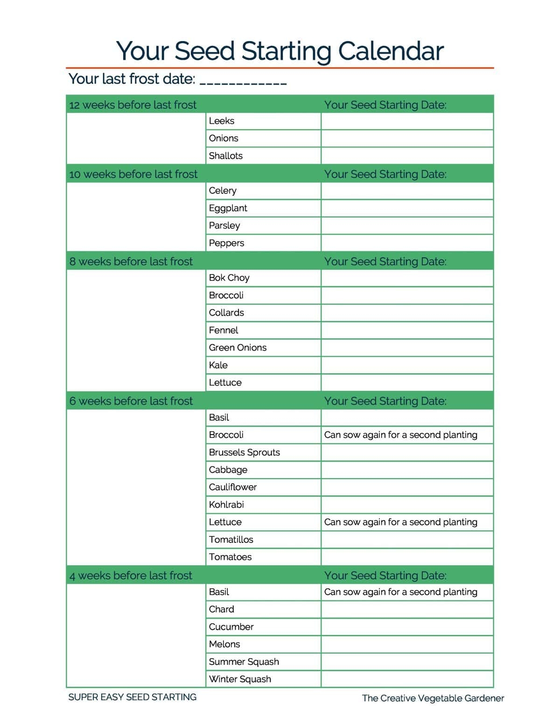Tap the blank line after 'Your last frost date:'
coord(243,82)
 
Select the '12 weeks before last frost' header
coord(133,105)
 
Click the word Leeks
coord(222,121)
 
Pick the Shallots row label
coord(226,156)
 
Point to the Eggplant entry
coord(228,208)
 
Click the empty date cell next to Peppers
coord(407,243)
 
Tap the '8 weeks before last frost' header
coord(131,261)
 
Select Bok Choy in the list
coord(229,278)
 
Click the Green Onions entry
coord(238,348)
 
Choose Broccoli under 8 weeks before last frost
coord(226,296)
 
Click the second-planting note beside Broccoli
coord(400,435)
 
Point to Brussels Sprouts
coord(245,452)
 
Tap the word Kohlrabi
coord(226,505)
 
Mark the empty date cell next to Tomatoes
coord(407,557)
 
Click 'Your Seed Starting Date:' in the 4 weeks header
coord(385,576)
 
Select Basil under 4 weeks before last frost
coord(219,592)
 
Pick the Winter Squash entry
coord(240,679)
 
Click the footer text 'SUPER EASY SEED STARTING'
coord(133,697)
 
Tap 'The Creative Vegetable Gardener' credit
coord(433,698)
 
